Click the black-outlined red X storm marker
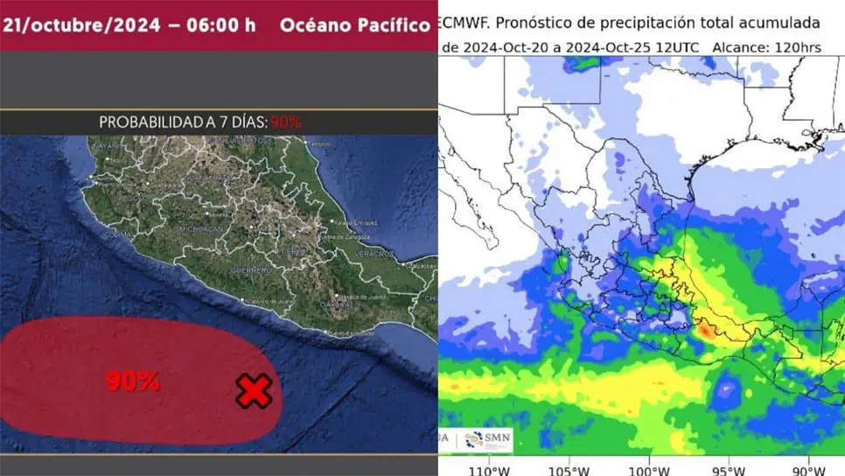[254, 391]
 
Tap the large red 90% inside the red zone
[133, 381]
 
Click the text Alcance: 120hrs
[766, 47]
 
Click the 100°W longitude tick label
[650, 468]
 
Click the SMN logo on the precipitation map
[492, 438]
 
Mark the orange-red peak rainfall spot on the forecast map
[704, 332]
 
